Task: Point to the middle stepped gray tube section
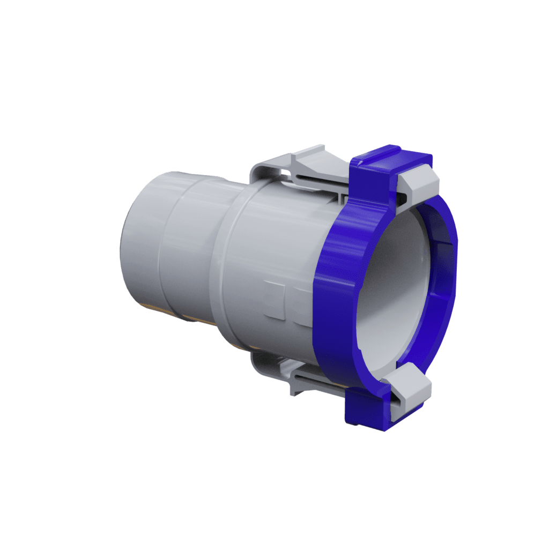[190, 247]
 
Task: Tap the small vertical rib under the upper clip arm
[341, 198]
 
